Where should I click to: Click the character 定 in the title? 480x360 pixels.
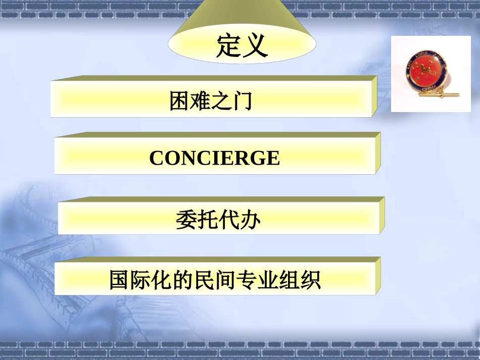[x=229, y=45]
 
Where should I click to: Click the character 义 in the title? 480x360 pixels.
[x=255, y=45]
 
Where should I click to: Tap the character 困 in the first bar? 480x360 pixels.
[x=179, y=100]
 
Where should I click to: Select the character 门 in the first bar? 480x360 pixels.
[x=243, y=100]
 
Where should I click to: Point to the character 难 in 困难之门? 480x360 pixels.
[x=200, y=100]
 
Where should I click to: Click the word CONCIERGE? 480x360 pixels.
[x=214, y=158]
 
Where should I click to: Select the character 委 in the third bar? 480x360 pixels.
[x=186, y=220]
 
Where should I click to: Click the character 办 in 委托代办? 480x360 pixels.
[x=250, y=220]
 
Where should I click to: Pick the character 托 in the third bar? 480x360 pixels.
[x=207, y=220]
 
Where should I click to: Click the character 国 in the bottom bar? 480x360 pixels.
[x=120, y=280]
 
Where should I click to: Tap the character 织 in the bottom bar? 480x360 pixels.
[x=310, y=280]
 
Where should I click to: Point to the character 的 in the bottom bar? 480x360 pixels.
[x=183, y=280]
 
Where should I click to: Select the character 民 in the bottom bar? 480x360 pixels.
[x=205, y=280]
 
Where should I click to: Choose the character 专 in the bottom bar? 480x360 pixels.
[x=247, y=280]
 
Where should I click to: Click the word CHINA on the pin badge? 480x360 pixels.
[x=430, y=89]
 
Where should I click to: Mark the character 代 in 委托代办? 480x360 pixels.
[x=229, y=220]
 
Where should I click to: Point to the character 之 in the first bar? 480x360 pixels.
[x=221, y=100]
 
